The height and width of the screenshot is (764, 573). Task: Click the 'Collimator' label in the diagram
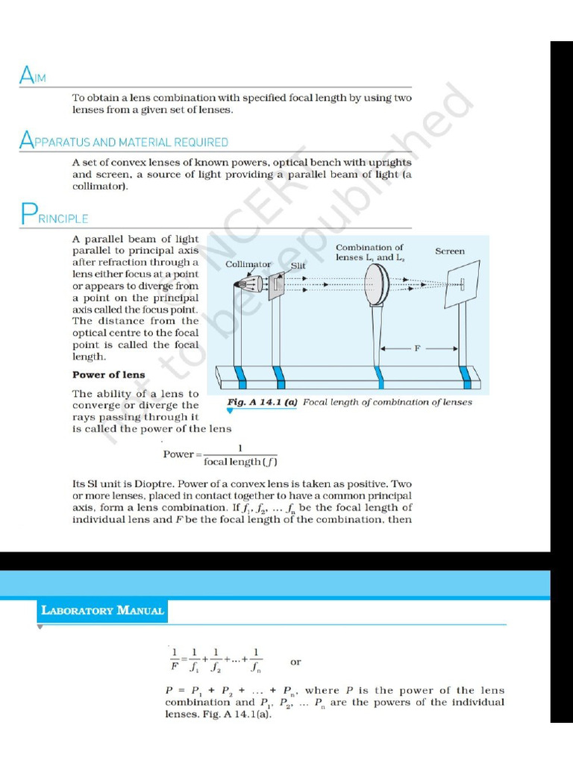pos(248,264)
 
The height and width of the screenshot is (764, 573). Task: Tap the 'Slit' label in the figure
pos(298,265)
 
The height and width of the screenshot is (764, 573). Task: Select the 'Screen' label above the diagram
pos(449,251)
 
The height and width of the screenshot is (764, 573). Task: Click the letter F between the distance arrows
pos(418,348)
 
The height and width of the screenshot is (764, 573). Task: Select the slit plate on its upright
pos(278,284)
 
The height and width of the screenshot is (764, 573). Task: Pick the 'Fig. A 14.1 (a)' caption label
pos(262,402)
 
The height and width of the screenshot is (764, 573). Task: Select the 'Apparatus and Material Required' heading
pos(124,141)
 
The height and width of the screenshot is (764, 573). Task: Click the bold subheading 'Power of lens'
pos(108,375)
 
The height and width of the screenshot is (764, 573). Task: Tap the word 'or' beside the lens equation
pos(295,662)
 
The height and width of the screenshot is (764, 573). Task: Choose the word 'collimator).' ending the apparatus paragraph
pos(100,187)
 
